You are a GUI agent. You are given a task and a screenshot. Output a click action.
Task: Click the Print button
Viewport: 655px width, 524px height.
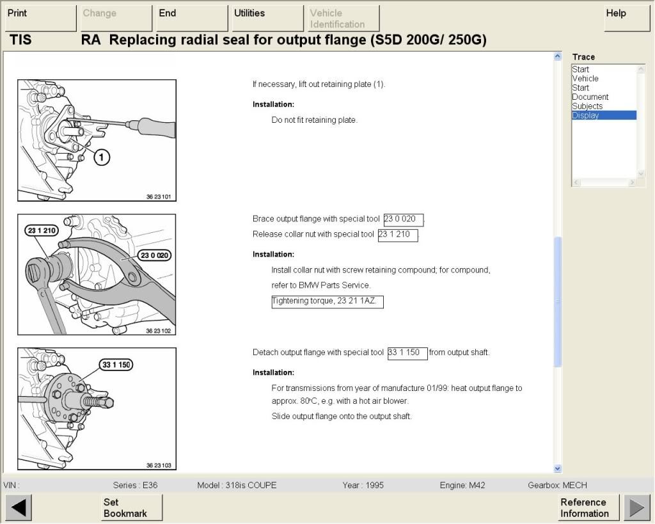tap(41, 18)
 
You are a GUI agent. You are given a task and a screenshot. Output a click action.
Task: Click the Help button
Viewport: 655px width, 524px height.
tap(627, 18)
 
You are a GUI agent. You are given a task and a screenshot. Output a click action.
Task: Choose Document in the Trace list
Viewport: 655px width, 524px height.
tap(590, 97)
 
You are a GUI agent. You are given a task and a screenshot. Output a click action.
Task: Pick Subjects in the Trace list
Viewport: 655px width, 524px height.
tap(587, 106)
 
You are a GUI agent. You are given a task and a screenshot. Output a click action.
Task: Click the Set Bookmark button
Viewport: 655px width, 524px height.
tap(131, 508)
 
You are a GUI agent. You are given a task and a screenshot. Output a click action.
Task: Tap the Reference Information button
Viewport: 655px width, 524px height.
tap(588, 508)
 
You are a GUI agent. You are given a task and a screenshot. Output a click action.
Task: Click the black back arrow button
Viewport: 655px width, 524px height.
tap(19, 508)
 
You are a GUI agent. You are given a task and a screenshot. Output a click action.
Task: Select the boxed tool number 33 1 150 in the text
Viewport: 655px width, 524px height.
tap(407, 353)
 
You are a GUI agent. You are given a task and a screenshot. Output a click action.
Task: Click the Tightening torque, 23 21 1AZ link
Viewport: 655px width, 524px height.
tap(327, 301)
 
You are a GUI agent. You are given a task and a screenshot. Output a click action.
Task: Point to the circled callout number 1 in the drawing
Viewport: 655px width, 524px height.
tap(102, 157)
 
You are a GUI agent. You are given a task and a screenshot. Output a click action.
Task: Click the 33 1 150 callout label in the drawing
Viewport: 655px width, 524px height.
tap(116, 365)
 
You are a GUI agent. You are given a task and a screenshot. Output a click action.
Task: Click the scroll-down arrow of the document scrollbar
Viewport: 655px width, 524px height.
tap(557, 468)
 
